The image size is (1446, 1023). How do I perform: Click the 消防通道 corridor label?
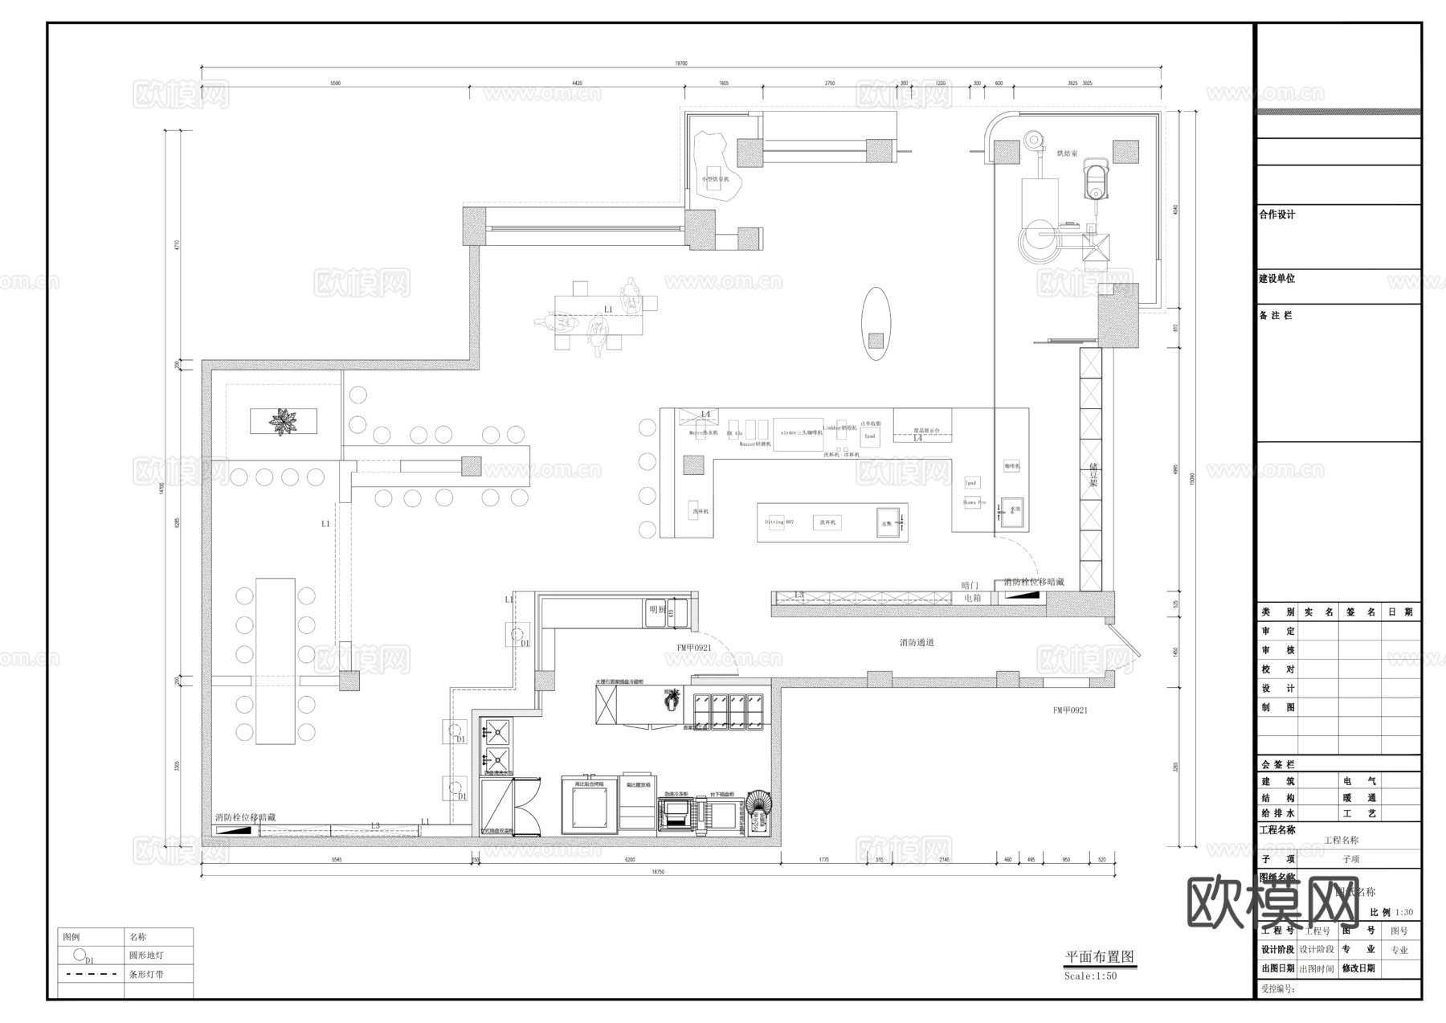[x=917, y=643]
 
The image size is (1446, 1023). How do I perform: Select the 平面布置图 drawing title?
[x=1099, y=957]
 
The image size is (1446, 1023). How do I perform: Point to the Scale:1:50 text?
[x=1090, y=976]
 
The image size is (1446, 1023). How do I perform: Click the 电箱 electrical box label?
[x=972, y=599]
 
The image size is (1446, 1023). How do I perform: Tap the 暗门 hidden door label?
[x=970, y=586]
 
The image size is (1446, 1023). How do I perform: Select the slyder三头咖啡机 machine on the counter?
[x=798, y=433]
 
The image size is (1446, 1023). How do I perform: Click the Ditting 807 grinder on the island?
[x=779, y=522]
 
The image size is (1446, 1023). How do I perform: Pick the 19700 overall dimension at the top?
[x=681, y=63]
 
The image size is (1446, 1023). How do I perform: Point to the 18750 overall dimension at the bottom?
[x=657, y=872]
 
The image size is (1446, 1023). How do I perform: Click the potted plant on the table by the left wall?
[x=283, y=421]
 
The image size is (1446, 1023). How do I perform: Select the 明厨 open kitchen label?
[x=657, y=610]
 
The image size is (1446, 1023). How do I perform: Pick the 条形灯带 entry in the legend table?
[x=146, y=975]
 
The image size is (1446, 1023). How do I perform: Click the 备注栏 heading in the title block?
[x=1276, y=316]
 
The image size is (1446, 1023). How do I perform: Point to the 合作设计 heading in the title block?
[x=1277, y=215]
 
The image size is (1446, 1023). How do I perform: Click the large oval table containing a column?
[x=876, y=324]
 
